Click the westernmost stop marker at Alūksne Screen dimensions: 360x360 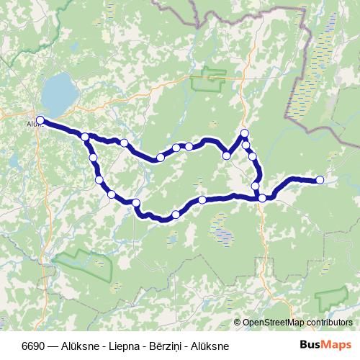click(x=40, y=120)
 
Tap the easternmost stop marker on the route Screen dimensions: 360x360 click(x=320, y=180)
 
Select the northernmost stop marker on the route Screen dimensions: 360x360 click(x=245, y=133)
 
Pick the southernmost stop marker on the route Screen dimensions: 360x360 click(x=176, y=215)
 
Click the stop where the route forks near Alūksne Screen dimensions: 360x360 click(x=85, y=137)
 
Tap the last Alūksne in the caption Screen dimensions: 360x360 click(x=210, y=346)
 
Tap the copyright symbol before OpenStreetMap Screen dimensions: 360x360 click(x=238, y=322)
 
